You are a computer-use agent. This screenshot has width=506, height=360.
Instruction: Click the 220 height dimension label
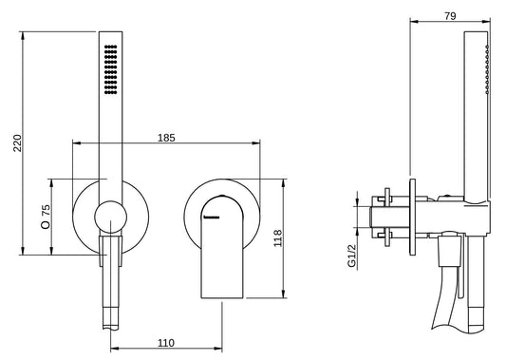coord(17,143)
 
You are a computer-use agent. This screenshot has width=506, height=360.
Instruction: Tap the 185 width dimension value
coord(166,138)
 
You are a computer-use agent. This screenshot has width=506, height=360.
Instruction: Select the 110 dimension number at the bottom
coord(166,343)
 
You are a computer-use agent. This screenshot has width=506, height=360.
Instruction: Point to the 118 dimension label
coord(278,238)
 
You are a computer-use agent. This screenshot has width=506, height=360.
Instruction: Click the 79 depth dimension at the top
coord(450,16)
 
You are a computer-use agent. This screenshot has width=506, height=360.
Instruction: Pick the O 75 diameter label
coord(46,217)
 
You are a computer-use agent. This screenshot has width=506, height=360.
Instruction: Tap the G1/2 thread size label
coord(352,256)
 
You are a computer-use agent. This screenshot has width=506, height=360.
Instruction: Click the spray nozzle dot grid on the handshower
coord(111,69)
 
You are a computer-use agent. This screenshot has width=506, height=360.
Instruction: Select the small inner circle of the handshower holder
coord(111,217)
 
